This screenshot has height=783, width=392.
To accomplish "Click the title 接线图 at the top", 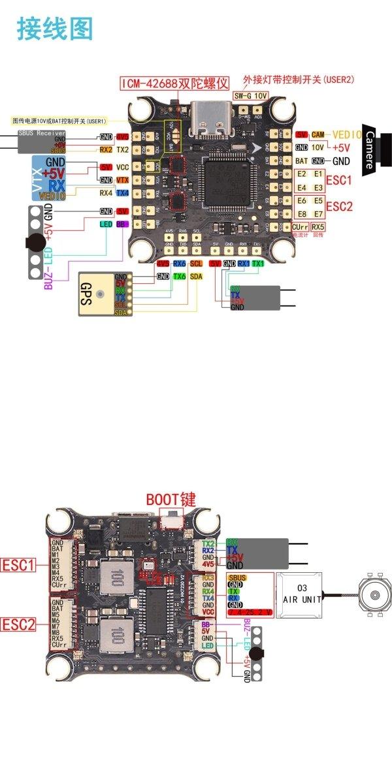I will click(55, 29).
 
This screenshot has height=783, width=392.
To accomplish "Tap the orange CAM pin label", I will click(318, 134).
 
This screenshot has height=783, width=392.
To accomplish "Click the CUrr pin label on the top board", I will click(301, 226).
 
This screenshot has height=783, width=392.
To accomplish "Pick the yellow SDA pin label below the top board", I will click(196, 277).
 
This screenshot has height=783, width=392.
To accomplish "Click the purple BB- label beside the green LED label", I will click(121, 224).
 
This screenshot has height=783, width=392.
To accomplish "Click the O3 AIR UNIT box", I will click(299, 594).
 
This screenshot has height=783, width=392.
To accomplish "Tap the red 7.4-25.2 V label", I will click(248, 613).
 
